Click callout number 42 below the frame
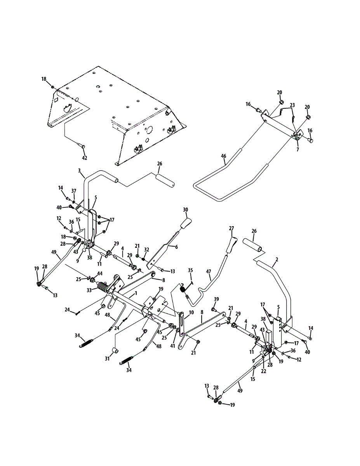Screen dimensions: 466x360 pos(84,158)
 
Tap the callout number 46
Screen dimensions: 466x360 pos(223,156)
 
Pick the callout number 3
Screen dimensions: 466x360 pos(79,170)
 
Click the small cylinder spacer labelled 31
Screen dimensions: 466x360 pos(115,351)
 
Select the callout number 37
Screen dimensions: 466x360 pos(74,190)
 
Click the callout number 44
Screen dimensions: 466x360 pos(100,273)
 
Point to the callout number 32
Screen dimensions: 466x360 pos(146,250)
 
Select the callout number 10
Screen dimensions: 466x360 pos(191,313)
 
